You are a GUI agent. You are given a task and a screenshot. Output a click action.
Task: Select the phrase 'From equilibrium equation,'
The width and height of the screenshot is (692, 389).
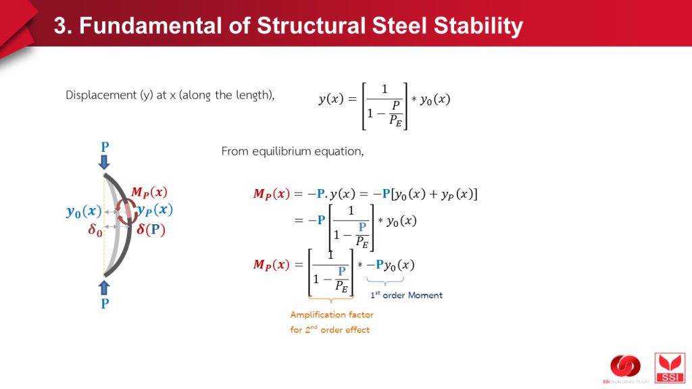point(292,152)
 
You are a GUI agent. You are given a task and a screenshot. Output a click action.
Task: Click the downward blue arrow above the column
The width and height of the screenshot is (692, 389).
point(104,161)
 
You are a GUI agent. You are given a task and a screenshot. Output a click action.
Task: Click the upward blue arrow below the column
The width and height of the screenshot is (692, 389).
point(104,288)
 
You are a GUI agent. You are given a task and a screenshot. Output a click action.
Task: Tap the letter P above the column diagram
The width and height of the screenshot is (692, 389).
point(105,147)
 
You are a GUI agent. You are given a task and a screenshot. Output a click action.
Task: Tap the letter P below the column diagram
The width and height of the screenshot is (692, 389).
point(105,303)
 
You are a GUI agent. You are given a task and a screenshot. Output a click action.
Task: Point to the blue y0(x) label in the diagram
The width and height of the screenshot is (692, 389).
point(84,211)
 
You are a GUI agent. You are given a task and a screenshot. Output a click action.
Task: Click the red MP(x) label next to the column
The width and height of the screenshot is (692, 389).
point(149,192)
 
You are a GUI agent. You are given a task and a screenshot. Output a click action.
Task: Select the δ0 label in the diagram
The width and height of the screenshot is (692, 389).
point(95,230)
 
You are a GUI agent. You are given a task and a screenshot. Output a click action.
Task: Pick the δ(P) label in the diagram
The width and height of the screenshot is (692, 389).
point(151,230)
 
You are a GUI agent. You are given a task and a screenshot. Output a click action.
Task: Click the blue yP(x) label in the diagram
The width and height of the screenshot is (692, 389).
point(155,210)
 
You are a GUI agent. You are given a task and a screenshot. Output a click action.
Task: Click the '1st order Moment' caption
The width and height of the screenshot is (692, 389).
point(406,295)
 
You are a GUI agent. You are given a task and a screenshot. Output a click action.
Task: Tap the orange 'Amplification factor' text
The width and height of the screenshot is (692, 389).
point(331,315)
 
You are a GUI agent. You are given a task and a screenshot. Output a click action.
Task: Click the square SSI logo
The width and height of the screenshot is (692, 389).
point(670,367)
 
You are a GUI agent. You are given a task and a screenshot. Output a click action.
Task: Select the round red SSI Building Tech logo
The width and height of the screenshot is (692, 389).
point(625,367)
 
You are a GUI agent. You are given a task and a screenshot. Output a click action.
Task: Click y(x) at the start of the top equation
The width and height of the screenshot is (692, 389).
point(331,99)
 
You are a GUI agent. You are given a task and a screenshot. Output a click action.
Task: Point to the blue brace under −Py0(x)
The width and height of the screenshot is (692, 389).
point(385,281)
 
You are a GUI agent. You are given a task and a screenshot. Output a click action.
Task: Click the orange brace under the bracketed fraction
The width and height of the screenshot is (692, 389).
point(331,299)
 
